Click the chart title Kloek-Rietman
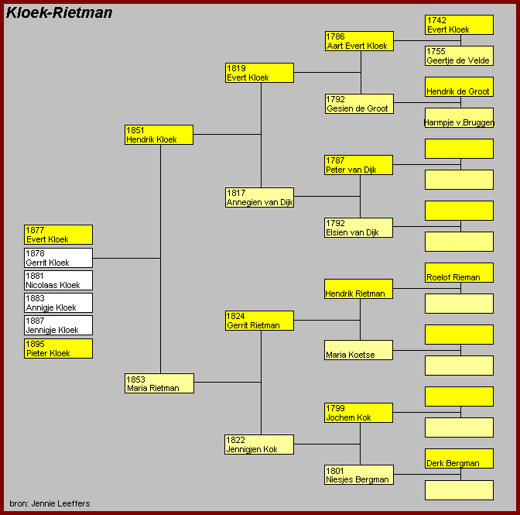click(60, 12)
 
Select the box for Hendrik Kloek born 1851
click(159, 135)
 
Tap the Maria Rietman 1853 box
click(159, 383)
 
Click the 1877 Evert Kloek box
click(58, 235)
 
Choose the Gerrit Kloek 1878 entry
click(58, 258)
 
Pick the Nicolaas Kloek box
click(58, 280)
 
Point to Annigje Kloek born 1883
click(58, 303)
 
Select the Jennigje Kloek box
click(58, 325)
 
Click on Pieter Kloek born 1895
click(58, 348)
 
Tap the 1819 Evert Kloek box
click(259, 73)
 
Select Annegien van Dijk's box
click(259, 197)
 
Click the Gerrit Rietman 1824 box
click(259, 321)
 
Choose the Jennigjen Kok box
click(259, 445)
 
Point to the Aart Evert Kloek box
click(359, 41)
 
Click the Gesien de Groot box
click(359, 104)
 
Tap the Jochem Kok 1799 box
click(359, 413)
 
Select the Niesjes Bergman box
click(359, 475)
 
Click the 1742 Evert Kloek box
click(459, 25)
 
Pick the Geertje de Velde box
click(459, 56)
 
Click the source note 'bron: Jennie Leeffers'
click(50, 503)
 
